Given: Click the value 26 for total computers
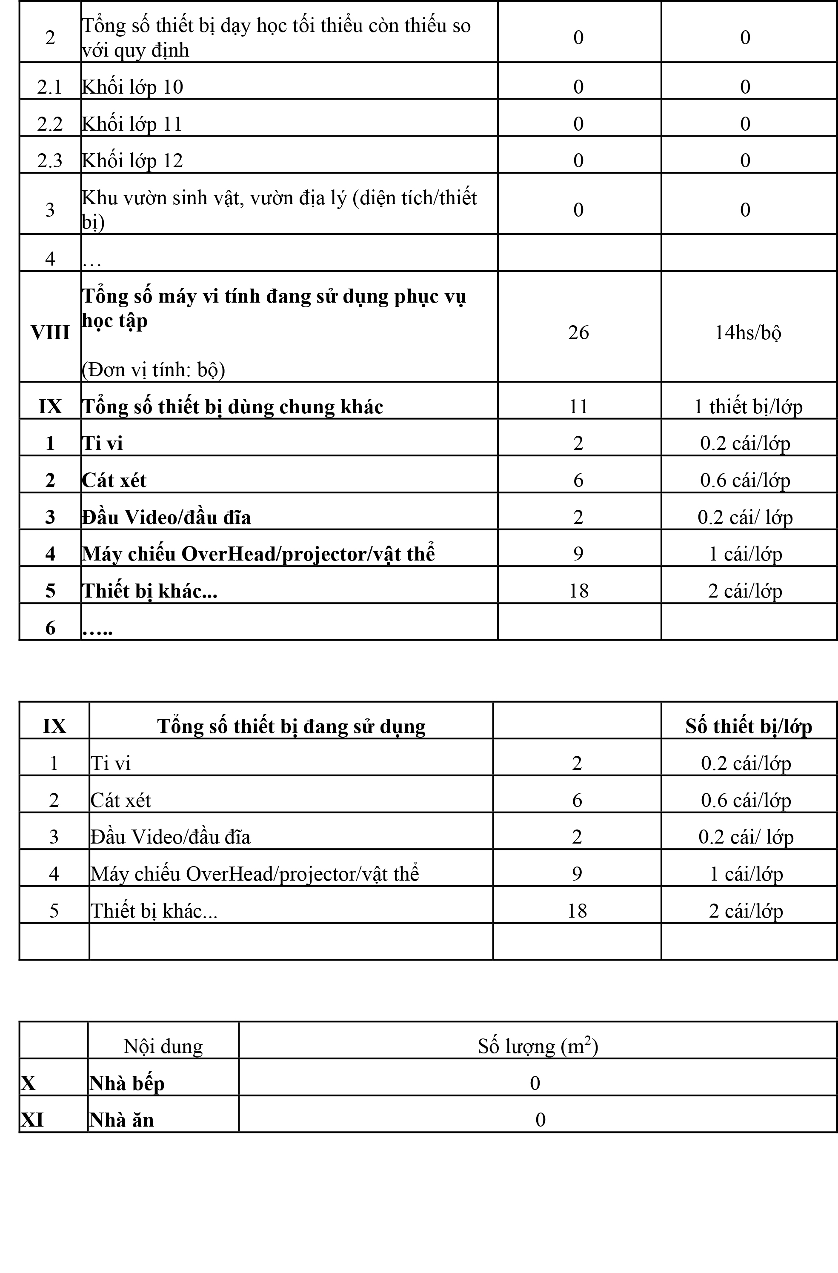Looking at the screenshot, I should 578,333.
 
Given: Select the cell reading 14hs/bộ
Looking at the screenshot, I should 748,333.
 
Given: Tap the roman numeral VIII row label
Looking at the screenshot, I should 50,333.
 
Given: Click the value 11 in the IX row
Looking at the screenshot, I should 578,406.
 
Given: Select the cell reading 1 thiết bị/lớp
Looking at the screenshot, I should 748,406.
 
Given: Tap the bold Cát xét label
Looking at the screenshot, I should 114,481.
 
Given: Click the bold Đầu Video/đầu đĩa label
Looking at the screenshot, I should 166,517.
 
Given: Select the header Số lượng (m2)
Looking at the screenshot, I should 538,1046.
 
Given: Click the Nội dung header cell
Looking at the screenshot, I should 163,1046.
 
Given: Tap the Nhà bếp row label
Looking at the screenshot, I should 127,1083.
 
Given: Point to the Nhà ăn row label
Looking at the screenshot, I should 121,1120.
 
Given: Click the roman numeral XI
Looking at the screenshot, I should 32,1120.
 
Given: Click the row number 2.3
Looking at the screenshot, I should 50,160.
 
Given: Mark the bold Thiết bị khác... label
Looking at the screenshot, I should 149,591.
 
